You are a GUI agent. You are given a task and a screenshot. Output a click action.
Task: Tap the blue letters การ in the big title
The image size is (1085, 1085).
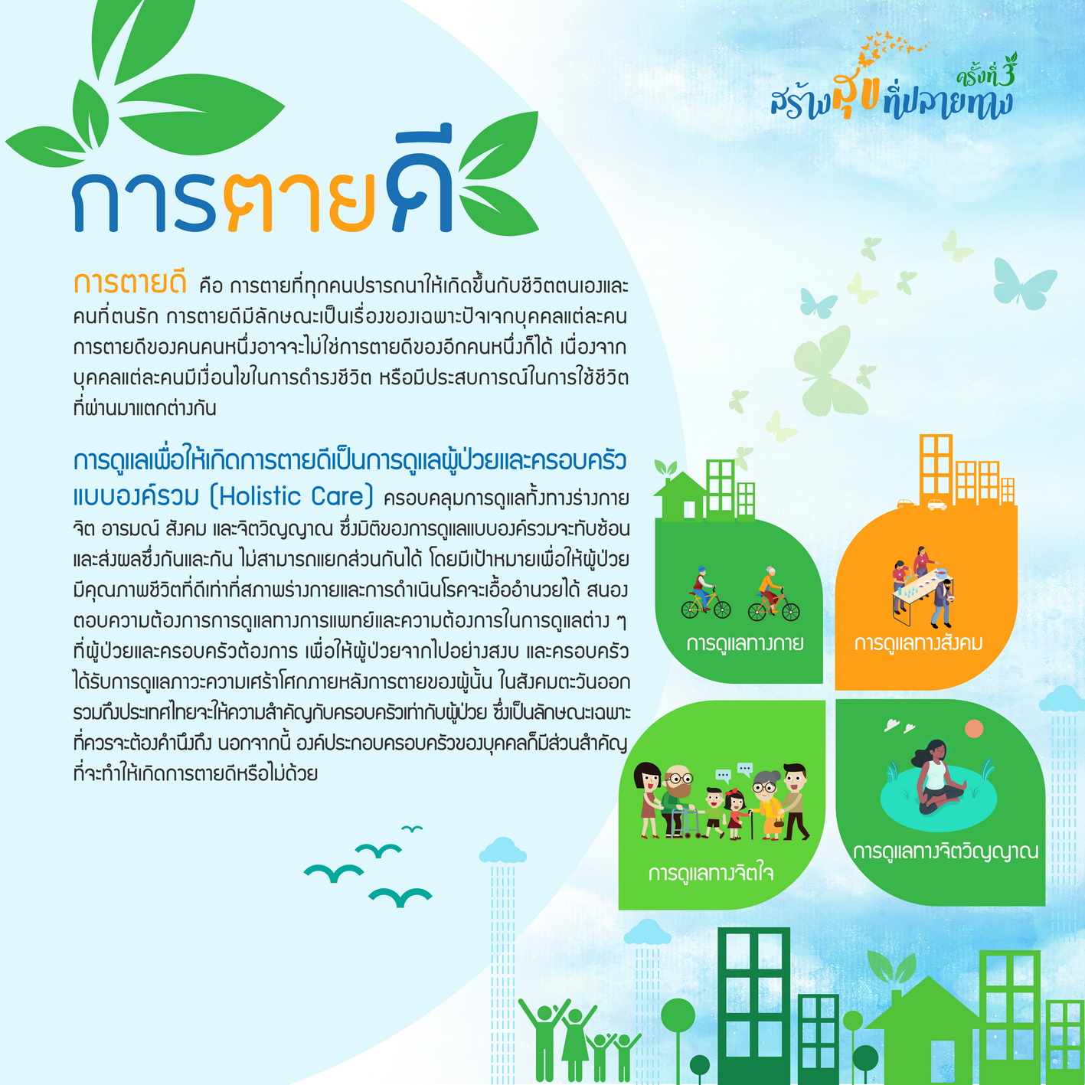pyautogui.click(x=144, y=202)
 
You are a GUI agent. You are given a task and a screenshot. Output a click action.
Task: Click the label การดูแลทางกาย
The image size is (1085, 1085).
pyautogui.click(x=744, y=643)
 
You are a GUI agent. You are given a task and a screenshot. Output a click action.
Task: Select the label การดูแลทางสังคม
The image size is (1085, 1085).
pyautogui.click(x=918, y=643)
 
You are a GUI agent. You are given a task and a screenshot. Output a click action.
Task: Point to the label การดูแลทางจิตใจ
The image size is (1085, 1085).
pyautogui.click(x=711, y=873)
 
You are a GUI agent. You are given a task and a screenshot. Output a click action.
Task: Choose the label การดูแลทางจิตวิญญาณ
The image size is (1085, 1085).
pyautogui.click(x=946, y=851)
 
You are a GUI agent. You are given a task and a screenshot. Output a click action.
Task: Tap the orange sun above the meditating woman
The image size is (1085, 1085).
pyautogui.click(x=973, y=728)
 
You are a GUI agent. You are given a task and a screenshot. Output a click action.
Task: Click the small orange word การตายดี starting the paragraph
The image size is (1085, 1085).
pyautogui.click(x=129, y=283)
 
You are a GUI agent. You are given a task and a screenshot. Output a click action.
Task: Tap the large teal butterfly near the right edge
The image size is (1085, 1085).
pyautogui.click(x=1025, y=283)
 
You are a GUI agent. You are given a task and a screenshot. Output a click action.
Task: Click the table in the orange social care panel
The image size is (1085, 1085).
pyautogui.click(x=921, y=596)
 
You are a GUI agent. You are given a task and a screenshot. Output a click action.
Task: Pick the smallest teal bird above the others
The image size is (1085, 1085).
pyautogui.click(x=412, y=828)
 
